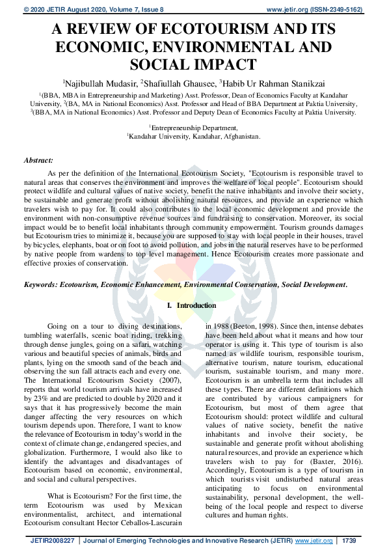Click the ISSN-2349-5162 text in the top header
[x=342, y=9]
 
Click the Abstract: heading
[x=38, y=159]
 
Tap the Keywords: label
[x=40, y=285]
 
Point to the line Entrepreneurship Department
[x=194, y=128]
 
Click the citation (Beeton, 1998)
[x=245, y=326]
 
